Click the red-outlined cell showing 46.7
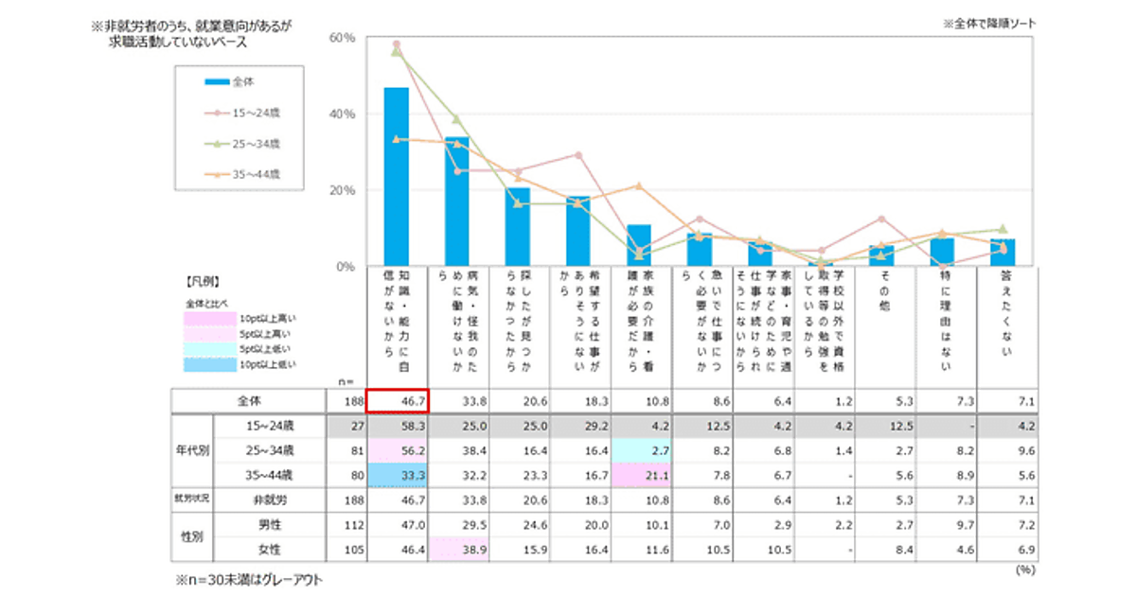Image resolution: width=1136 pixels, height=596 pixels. tap(398, 400)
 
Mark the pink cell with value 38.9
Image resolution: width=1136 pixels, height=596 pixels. tap(458, 549)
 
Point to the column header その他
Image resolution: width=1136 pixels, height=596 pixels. tap(884, 284)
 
